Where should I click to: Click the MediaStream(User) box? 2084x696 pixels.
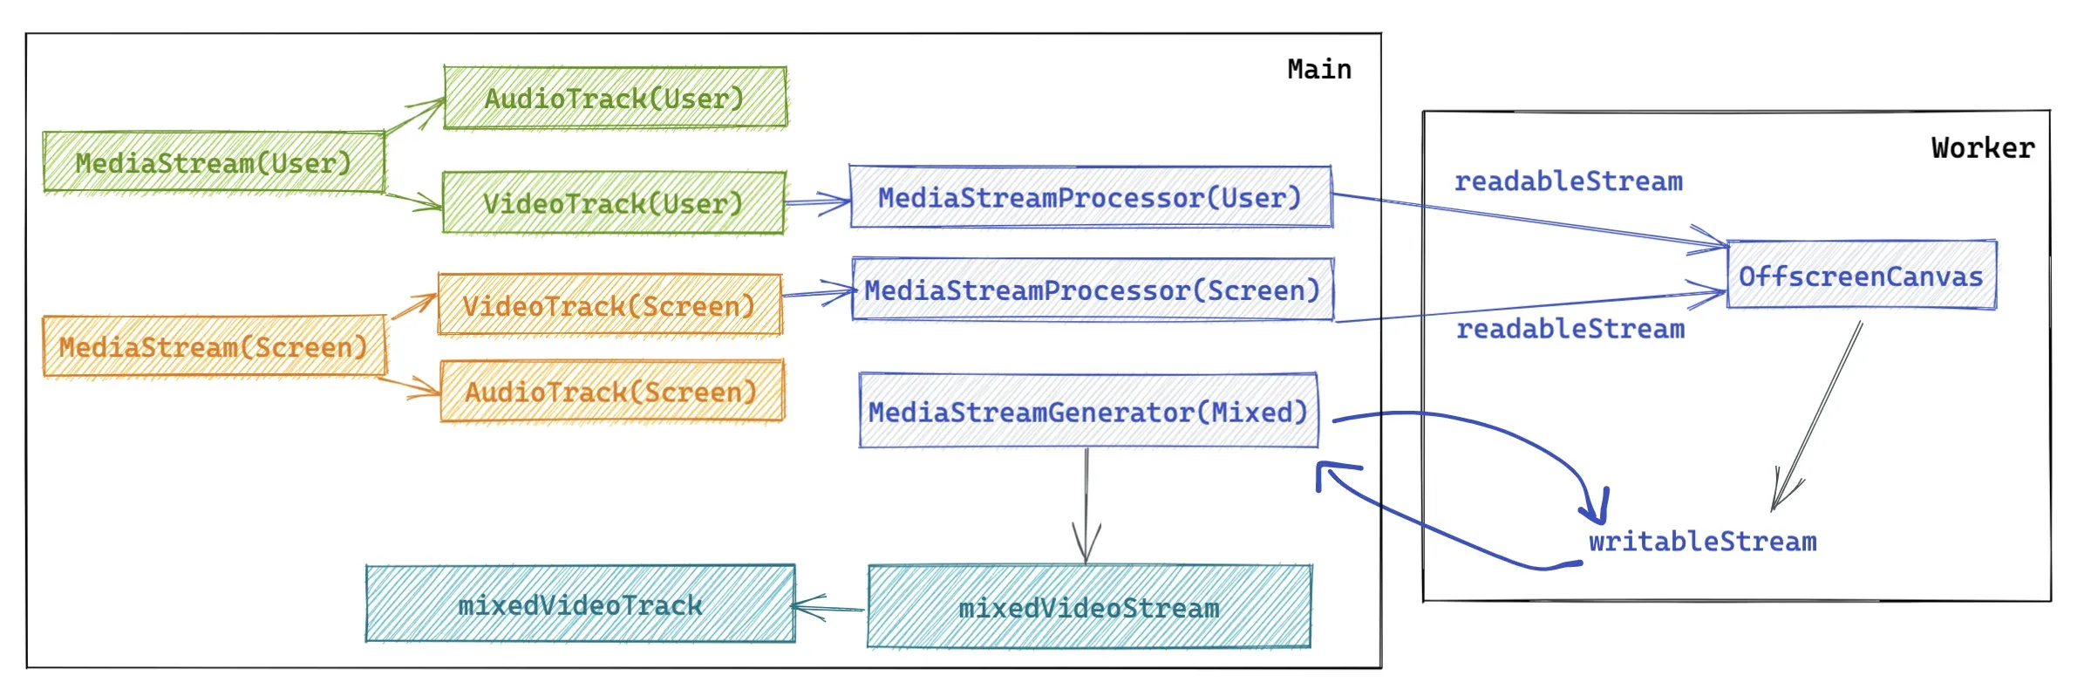click(214, 162)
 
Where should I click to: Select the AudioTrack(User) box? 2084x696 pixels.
click(615, 98)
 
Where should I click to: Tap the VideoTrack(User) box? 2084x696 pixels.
click(613, 203)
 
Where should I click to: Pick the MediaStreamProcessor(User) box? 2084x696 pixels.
click(1090, 197)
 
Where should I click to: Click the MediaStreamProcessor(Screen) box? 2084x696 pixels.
click(1092, 290)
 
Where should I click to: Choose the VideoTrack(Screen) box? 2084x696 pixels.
click(610, 305)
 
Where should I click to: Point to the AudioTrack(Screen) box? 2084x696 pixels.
click(611, 392)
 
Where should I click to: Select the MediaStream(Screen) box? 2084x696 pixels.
click(214, 346)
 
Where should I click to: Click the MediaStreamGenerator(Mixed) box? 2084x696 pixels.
click(1088, 411)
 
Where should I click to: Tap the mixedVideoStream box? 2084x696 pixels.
click(1089, 607)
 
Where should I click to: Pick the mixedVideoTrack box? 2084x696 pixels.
click(580, 604)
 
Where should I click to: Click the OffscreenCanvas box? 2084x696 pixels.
click(1861, 276)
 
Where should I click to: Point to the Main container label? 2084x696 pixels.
click(1319, 69)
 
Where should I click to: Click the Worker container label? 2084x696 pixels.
click(1982, 147)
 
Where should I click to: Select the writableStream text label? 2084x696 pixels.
click(1702, 542)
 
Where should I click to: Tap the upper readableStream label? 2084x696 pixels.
click(1568, 181)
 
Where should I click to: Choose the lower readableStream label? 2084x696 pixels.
click(1570, 329)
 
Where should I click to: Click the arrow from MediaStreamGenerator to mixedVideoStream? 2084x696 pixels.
click(1086, 506)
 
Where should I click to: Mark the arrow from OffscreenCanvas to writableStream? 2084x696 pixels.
click(1819, 414)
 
